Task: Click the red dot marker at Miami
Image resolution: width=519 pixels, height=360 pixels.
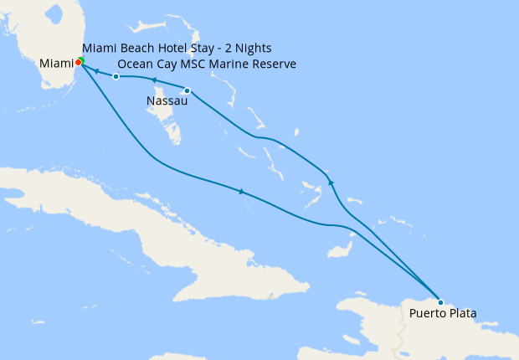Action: point(78,61)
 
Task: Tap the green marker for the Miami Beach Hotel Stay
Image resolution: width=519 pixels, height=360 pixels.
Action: point(81,59)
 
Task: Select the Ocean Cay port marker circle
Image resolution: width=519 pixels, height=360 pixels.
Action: point(116,77)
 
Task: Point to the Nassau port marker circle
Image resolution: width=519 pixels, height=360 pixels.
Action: point(187,90)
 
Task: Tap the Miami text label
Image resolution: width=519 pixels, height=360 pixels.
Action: point(56,64)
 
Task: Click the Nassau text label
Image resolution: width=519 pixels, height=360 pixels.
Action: point(164,101)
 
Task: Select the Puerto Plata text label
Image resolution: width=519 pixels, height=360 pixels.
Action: point(443,315)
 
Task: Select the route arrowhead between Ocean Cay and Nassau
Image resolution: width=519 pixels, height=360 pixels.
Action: point(155,80)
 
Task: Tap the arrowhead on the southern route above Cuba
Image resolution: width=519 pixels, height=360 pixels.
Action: point(241,192)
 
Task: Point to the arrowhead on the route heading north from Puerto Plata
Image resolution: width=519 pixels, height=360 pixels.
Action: point(331,182)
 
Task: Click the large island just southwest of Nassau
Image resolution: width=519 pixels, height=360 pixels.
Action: point(172,126)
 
